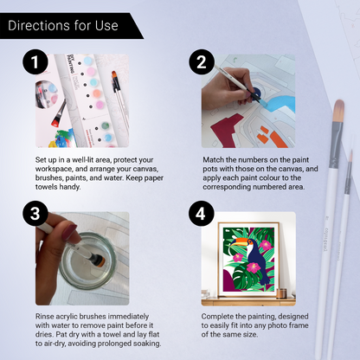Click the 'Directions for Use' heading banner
[x=65, y=25]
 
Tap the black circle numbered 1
[x=35, y=64]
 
